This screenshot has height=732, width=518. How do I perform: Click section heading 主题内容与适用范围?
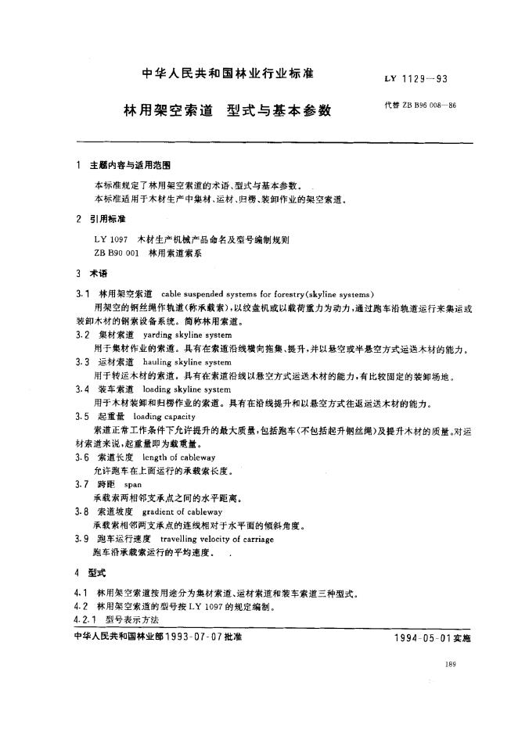pos(130,167)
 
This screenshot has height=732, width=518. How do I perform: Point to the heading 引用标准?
pos(107,220)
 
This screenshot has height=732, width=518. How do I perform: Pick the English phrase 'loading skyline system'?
pos(185,389)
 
